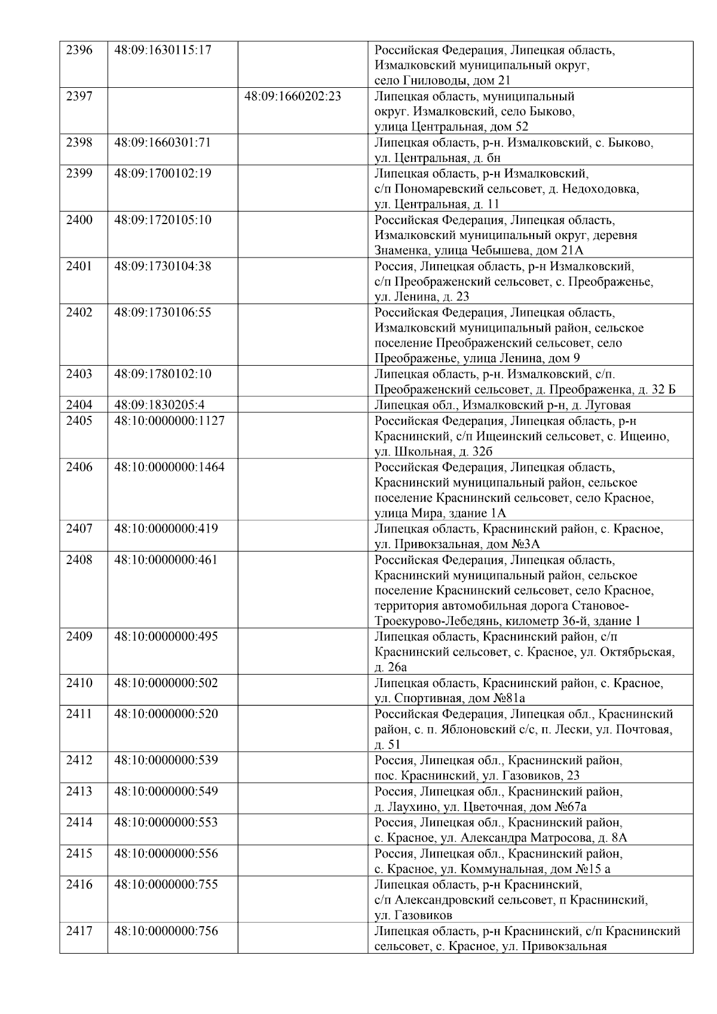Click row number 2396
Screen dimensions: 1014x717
(79, 50)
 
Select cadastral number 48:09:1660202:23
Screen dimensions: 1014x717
(293, 96)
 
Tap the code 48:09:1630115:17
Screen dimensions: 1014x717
(163, 50)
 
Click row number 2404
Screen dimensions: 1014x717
(79, 405)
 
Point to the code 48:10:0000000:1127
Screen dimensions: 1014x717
(169, 421)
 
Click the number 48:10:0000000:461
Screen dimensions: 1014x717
(166, 560)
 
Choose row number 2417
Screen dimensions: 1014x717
(79, 931)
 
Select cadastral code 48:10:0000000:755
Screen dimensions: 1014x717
(166, 884)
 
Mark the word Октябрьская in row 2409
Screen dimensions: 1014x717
(640, 652)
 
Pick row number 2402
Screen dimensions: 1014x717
(79, 313)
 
